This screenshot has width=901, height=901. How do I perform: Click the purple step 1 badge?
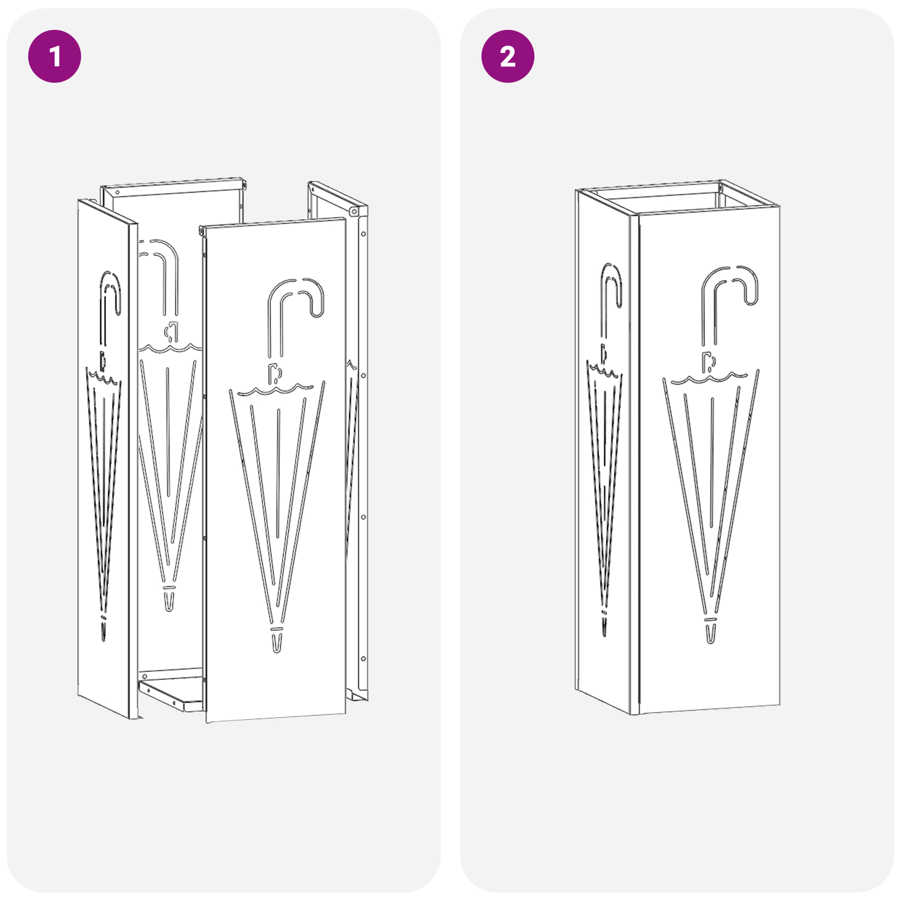click(x=55, y=56)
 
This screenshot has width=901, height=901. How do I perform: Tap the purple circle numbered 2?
click(x=507, y=56)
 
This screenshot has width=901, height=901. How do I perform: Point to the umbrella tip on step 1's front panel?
click(x=276, y=643)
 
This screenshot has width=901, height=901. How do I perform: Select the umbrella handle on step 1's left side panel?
click(x=110, y=293)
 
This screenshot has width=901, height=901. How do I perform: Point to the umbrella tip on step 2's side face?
click(x=604, y=625)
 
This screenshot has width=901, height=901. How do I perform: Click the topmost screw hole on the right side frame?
click(x=364, y=234)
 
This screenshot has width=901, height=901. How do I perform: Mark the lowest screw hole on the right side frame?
click(x=364, y=658)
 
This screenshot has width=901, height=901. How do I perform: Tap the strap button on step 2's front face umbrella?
click(x=708, y=361)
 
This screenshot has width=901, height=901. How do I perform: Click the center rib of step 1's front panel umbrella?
click(x=278, y=473)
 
